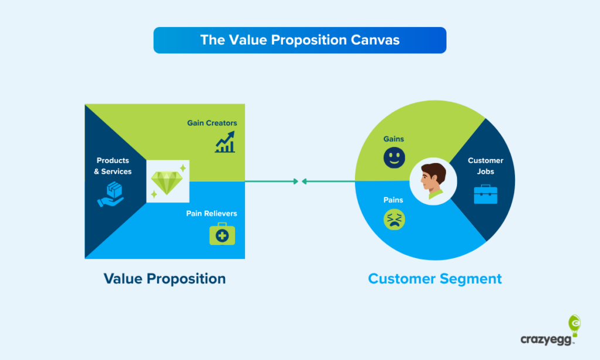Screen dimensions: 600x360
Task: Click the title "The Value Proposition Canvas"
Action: pyautogui.click(x=299, y=40)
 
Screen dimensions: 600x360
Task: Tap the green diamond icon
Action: pyautogui.click(x=167, y=182)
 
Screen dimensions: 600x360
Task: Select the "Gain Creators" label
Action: pyautogui.click(x=212, y=123)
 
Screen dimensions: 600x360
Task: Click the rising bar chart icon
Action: pyautogui.click(x=225, y=142)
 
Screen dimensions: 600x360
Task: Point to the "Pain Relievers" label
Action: pyautogui.click(x=212, y=213)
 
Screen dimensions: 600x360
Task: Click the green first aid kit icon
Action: pyautogui.click(x=222, y=233)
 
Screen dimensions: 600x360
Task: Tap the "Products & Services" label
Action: pyautogui.click(x=113, y=166)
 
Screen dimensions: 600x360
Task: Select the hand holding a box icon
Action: pyautogui.click(x=111, y=194)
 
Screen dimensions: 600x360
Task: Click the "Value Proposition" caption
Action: pyautogui.click(x=165, y=279)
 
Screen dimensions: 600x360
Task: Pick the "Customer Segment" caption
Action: pyautogui.click(x=435, y=279)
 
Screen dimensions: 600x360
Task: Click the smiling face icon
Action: pyautogui.click(x=394, y=157)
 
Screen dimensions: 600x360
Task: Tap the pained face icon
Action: pyautogui.click(x=394, y=219)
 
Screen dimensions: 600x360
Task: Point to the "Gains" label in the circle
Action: pyautogui.click(x=394, y=139)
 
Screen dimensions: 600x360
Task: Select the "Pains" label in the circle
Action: pyautogui.click(x=393, y=200)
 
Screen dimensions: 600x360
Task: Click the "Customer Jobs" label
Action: pyautogui.click(x=486, y=166)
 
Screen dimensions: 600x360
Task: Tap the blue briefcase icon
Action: pyautogui.click(x=486, y=194)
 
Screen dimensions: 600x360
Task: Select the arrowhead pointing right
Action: pyautogui.click(x=295, y=182)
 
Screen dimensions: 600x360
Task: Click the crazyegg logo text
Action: pyautogui.click(x=546, y=339)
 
